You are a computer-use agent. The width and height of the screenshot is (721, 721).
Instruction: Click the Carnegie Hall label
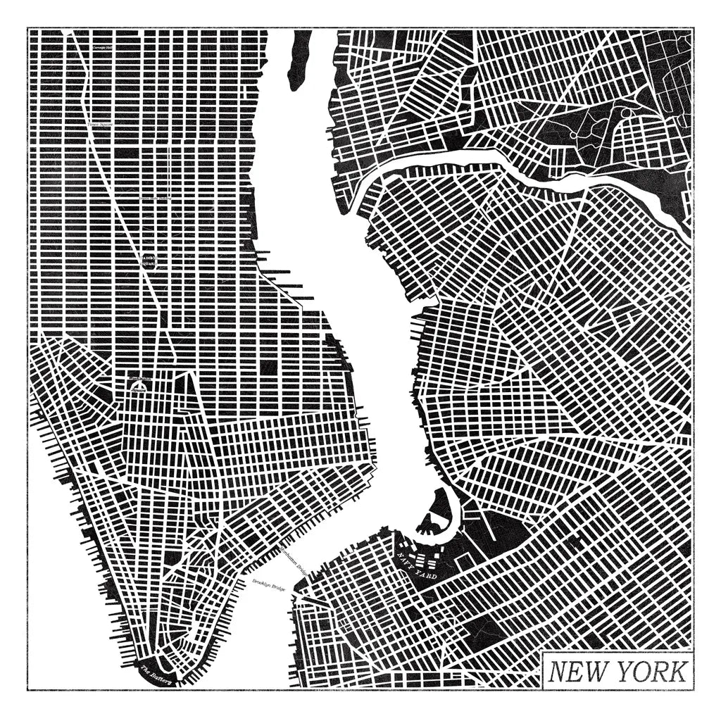(104, 47)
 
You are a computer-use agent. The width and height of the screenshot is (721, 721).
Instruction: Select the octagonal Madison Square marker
(151, 261)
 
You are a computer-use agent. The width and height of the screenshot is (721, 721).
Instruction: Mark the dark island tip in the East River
(299, 56)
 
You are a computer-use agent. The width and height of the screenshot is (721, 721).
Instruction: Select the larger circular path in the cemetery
(625, 113)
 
